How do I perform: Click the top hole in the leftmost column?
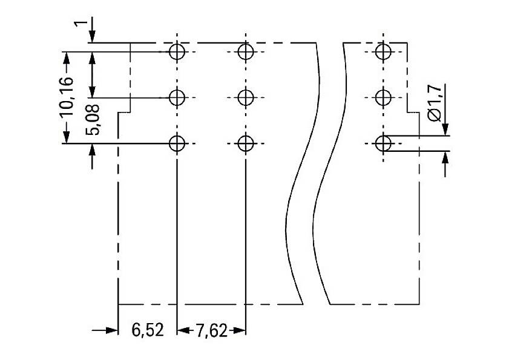pyautogui.click(x=177, y=51)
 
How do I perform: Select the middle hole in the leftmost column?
pyautogui.click(x=177, y=97)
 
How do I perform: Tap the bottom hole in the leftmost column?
pyautogui.click(x=177, y=143)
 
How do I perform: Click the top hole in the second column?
pyautogui.click(x=245, y=51)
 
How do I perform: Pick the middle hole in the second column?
pyautogui.click(x=245, y=97)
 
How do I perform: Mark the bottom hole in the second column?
pyautogui.click(x=245, y=143)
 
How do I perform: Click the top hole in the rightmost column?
pyautogui.click(x=383, y=51)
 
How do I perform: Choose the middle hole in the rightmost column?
pyautogui.click(x=383, y=97)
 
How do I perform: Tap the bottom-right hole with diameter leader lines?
pyautogui.click(x=383, y=143)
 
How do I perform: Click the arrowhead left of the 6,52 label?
pyautogui.click(x=111, y=330)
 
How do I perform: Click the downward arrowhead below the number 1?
pyautogui.click(x=91, y=38)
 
